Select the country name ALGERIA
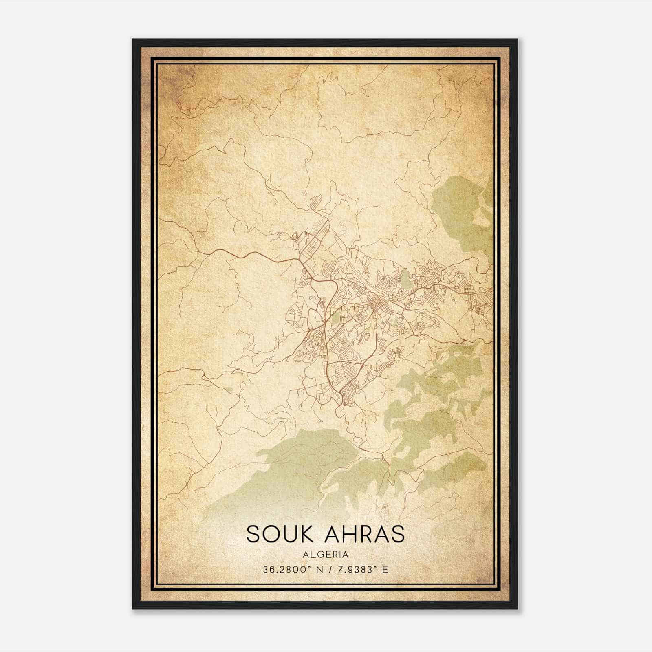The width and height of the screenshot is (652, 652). (326, 555)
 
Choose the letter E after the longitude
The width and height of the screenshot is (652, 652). (385, 570)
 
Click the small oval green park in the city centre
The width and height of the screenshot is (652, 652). (405, 279)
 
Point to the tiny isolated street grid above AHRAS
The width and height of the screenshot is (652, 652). (385, 509)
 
